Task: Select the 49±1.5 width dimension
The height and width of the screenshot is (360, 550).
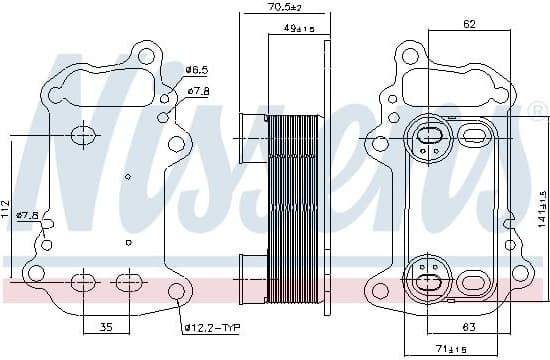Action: [x=296, y=29]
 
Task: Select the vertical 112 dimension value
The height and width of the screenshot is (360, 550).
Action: [x=8, y=208]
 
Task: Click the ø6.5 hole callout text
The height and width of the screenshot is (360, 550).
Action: [x=197, y=69]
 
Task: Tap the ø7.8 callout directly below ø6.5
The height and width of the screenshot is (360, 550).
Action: [x=198, y=91]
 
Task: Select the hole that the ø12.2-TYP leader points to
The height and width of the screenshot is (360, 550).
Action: [x=176, y=293]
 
